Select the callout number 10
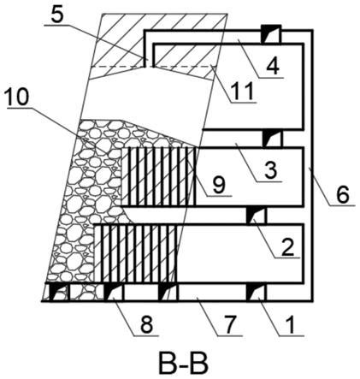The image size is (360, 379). pos(18,98)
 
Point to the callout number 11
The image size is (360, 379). pos(243,91)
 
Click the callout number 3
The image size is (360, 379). pos(270,170)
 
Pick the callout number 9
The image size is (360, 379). pos(220,185)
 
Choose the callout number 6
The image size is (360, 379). pos(342,195)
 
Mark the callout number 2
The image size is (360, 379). pos(287,247)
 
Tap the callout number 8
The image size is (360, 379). pos(146,325)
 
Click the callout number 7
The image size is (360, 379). pos(230,325)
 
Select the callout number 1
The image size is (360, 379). pos(291,325)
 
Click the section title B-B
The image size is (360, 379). pos(183,364)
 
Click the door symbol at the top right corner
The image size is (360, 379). pos(271,34)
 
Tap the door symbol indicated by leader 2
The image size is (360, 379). pos(257,216)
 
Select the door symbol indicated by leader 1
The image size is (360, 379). pos(257,292)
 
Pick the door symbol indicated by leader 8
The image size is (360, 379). pos(114,292)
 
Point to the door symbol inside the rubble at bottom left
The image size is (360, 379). pos(59,292)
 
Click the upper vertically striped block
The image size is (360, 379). pos(158,177)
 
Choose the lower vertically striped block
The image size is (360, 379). pos(136,253)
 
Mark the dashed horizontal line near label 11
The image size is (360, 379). pos(154,67)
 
